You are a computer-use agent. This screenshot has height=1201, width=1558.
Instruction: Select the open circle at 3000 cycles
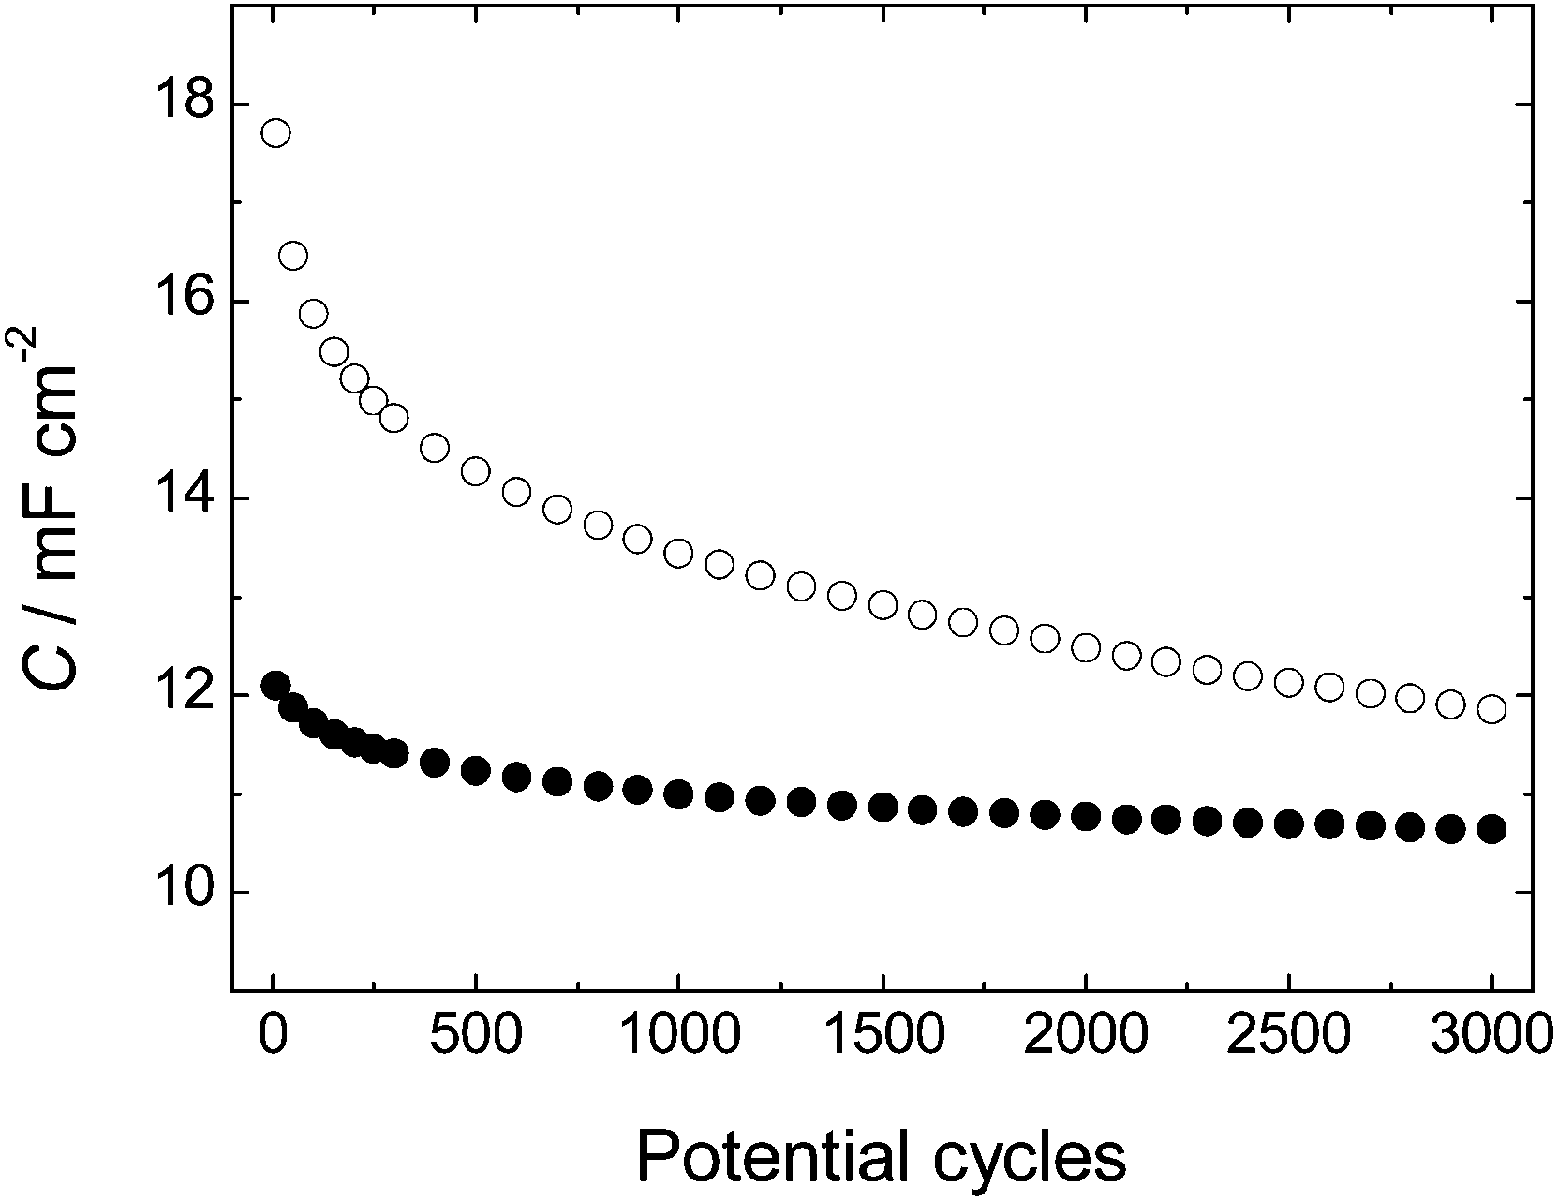[x=1491, y=709]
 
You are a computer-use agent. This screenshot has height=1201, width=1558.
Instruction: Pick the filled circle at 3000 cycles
[x=1491, y=829]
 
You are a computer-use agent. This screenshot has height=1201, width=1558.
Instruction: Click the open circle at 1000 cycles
[x=678, y=553]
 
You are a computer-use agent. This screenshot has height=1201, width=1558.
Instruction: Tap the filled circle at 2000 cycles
[x=1086, y=817]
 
